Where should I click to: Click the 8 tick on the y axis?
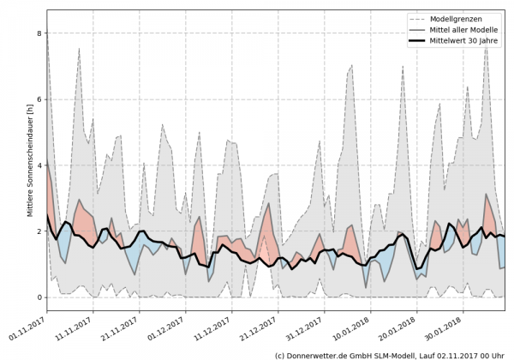tap(39, 33)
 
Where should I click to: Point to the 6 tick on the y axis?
tap(39, 99)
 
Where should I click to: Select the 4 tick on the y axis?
tap(39, 165)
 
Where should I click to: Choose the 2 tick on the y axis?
tap(39, 231)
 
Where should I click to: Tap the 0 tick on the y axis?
tap(39, 297)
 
